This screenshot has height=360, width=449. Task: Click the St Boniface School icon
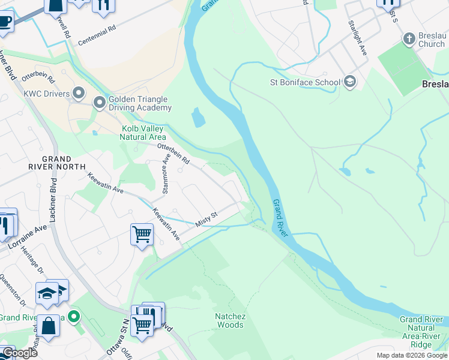[x=350, y=82]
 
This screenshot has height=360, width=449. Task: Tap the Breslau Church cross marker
[x=409, y=40]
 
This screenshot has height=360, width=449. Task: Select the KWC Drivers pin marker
[x=79, y=93]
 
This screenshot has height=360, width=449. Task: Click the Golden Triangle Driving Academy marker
[x=99, y=104]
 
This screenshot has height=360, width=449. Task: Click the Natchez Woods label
[x=230, y=320]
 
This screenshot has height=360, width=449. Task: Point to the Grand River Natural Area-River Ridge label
[x=424, y=332]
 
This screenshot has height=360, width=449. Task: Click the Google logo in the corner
[x=19, y=353]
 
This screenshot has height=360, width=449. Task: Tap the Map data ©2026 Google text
[x=412, y=355]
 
